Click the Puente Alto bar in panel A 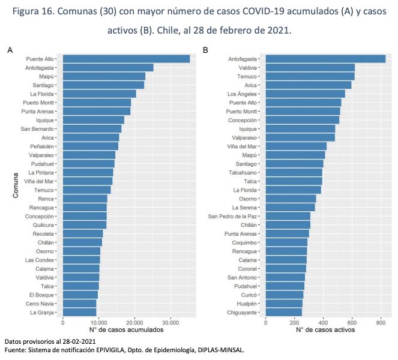click(126, 59)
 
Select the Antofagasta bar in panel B click(325, 59)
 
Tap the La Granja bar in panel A click(79, 313)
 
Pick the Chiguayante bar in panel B click(284, 313)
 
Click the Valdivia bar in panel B click(310, 68)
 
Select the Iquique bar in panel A click(94, 120)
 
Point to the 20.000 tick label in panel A click(134, 323)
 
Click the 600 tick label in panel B click(352, 323)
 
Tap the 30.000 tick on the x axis click(170, 323)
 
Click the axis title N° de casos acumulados click(126, 330)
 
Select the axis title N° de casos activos click(325, 330)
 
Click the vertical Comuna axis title click(16, 185)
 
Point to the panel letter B click(205, 50)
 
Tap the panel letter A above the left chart click(10, 50)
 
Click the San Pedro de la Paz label click(232, 217)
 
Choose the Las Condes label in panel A click(40, 260)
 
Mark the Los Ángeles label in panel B click(242, 94)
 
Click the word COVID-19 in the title click(263, 11)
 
